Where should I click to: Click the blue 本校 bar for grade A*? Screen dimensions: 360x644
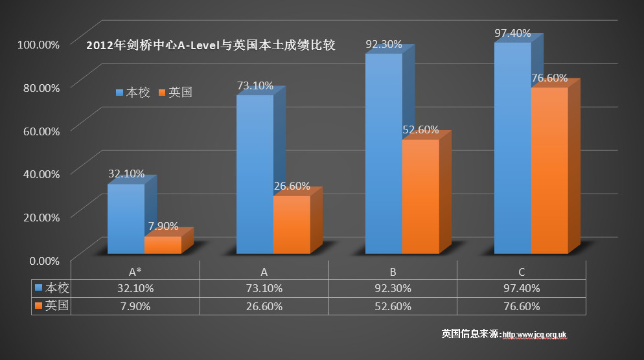pyautogui.click(x=126, y=219)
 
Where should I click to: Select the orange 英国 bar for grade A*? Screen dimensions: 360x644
pyautogui.click(x=163, y=245)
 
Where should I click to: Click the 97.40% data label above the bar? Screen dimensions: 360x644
pyautogui.click(x=512, y=33)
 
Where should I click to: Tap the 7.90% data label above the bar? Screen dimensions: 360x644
pyautogui.click(x=163, y=226)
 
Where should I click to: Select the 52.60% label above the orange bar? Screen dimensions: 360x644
pyautogui.click(x=420, y=129)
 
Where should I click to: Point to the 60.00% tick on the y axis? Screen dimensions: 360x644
pyautogui.click(x=40, y=130)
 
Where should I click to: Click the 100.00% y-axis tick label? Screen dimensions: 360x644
pyautogui.click(x=38, y=44)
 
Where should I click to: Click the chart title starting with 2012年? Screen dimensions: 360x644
pyautogui.click(x=211, y=46)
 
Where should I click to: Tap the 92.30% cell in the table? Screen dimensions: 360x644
pyautogui.click(x=393, y=288)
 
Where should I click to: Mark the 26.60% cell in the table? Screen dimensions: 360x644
pyautogui.click(x=264, y=306)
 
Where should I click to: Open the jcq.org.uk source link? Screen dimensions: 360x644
pyautogui.click(x=535, y=335)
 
